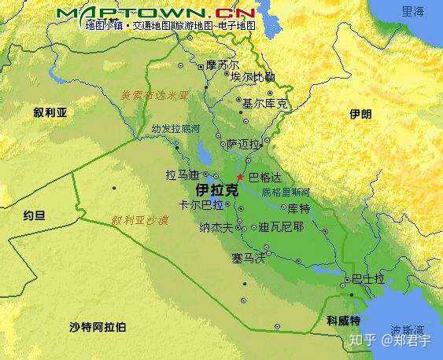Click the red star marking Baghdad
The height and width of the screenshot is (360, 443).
(x=240, y=177)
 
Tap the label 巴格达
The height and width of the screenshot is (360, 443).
(x=264, y=178)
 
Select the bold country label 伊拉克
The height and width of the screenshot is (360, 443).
(x=216, y=191)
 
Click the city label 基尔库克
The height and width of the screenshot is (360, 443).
(x=264, y=103)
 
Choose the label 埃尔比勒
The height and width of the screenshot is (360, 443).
(x=253, y=77)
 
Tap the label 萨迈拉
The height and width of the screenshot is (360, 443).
(x=242, y=145)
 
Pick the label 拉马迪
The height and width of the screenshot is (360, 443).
(x=182, y=174)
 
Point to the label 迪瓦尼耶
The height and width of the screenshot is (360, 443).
(x=281, y=227)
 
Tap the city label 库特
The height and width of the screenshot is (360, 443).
(x=299, y=208)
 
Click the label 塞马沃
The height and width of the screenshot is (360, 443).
(x=248, y=257)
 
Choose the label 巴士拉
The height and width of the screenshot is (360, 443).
(x=368, y=279)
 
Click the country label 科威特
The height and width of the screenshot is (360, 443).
(x=344, y=321)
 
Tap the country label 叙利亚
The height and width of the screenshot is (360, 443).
(x=50, y=112)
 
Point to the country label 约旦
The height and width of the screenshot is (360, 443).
(x=34, y=215)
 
